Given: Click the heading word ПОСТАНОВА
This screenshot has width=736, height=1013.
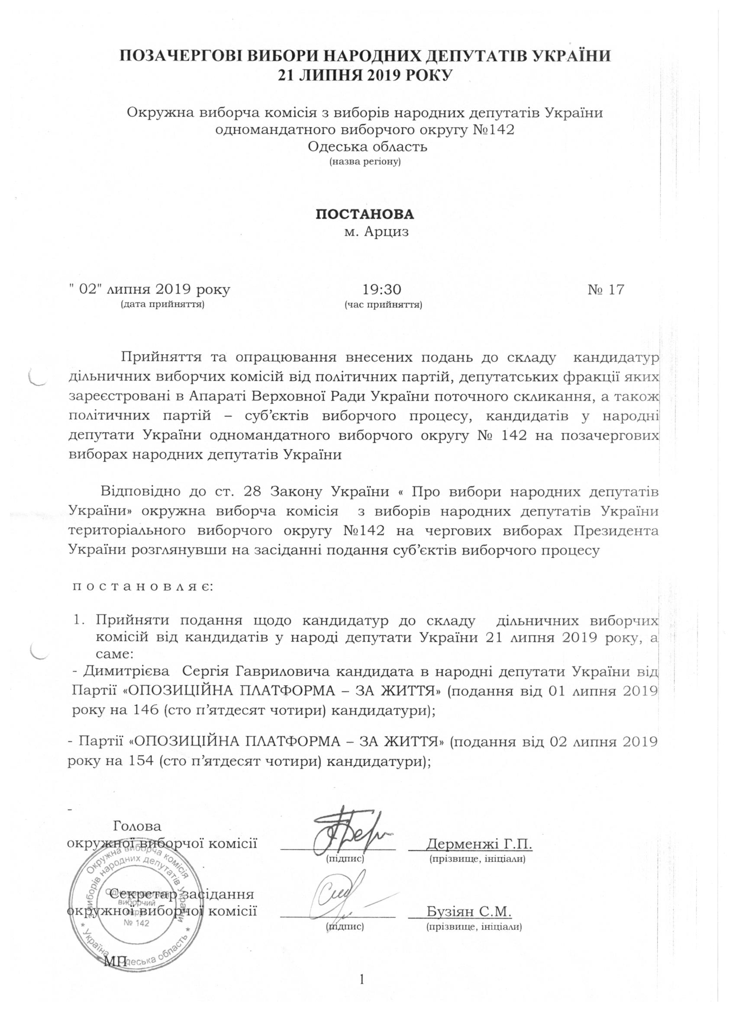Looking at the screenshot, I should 365,214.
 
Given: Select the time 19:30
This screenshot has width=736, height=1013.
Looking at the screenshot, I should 381,290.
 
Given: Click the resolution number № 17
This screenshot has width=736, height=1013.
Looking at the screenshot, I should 605,290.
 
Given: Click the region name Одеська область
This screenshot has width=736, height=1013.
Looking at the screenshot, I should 367,146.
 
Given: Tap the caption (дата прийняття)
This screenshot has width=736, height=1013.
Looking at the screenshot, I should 163,305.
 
